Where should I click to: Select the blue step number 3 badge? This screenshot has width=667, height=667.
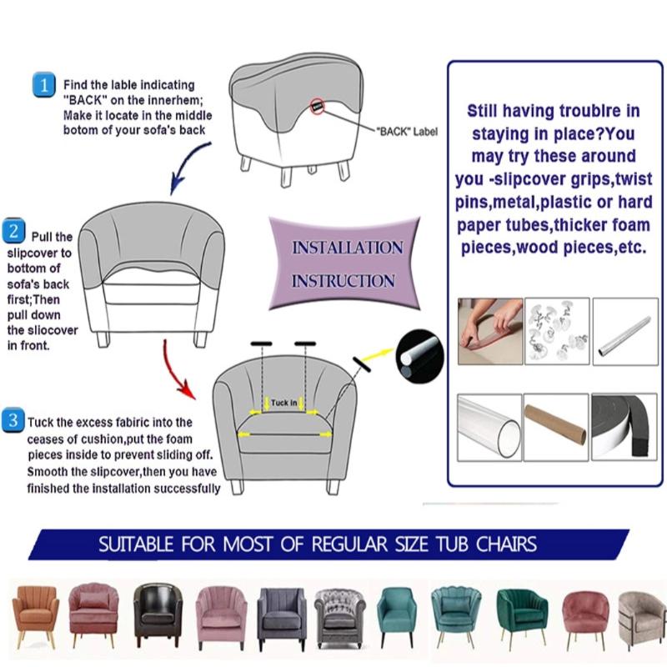point(14,420)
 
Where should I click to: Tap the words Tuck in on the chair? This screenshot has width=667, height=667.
point(283,404)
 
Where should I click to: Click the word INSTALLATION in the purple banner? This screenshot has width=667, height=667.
point(347,248)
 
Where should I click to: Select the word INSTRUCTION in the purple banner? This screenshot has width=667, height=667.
point(343,281)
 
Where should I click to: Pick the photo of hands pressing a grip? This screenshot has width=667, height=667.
point(490,331)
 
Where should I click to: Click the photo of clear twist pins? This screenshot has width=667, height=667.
point(557,331)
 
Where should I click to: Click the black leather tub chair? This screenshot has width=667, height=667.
point(158,614)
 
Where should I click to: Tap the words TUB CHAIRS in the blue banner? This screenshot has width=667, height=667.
point(488,545)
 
